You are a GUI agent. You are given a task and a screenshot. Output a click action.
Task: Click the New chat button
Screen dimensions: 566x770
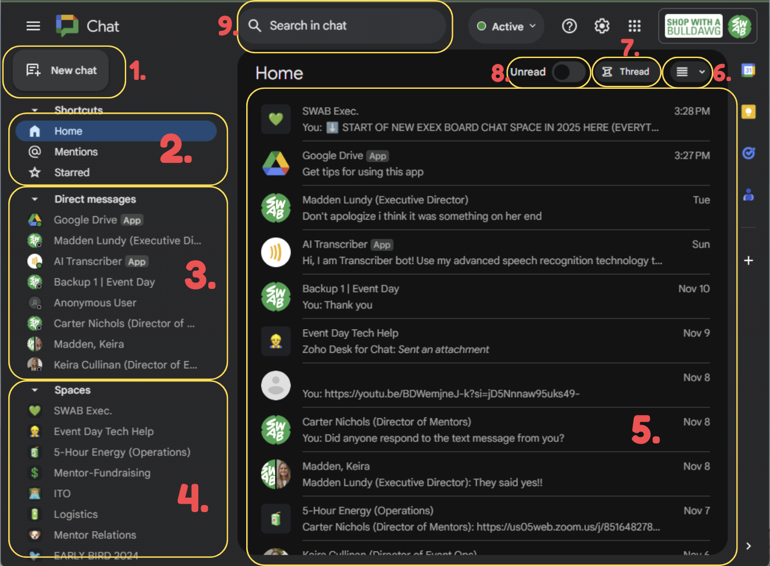pos(62,70)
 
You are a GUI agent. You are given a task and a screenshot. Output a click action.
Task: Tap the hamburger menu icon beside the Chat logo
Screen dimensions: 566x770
pos(33,26)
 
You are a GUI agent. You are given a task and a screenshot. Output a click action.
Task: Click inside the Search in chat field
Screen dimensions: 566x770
pos(343,26)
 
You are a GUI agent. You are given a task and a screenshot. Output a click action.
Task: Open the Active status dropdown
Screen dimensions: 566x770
pos(507,27)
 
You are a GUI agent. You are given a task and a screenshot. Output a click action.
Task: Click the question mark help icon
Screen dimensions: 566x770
pos(569,26)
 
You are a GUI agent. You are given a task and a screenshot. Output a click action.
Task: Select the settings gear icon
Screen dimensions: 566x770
pos(602,26)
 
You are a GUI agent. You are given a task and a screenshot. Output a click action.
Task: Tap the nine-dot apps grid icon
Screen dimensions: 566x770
pos(634,26)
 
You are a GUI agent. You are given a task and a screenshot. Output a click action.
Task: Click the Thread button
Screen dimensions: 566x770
pos(626,72)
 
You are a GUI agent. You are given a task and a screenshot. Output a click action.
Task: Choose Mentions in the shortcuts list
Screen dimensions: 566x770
pos(76,152)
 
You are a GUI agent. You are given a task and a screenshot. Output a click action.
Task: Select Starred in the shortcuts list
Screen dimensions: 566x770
pos(72,173)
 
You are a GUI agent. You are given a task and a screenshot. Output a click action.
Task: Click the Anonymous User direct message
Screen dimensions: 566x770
pos(95,303)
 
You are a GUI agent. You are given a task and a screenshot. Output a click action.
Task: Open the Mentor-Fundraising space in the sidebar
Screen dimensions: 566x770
pos(102,473)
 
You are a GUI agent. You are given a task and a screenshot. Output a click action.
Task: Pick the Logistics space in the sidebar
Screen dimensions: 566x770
pos(76,514)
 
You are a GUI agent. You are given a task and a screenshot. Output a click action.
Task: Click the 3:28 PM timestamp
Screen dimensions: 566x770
pos(692,111)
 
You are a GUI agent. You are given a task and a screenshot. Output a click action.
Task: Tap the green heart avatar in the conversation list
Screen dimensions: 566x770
pos(276,119)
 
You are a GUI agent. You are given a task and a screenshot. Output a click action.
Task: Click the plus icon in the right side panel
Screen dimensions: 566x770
pos(749,261)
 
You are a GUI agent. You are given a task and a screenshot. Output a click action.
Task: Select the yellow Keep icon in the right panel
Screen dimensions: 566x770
pos(749,112)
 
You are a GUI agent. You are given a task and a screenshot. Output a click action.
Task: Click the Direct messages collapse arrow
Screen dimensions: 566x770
pos(35,200)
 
